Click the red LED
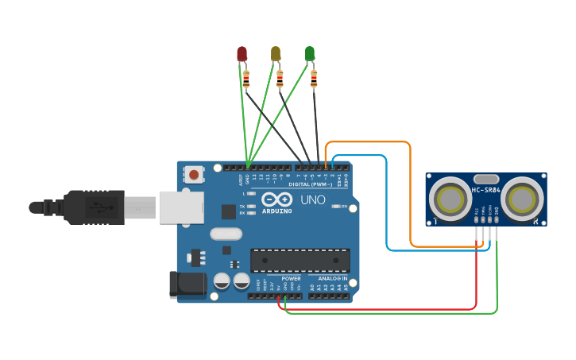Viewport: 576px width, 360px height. (242, 54)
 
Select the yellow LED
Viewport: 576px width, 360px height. (276, 53)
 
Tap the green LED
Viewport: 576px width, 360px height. (310, 53)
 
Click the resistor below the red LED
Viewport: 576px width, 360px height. (246, 79)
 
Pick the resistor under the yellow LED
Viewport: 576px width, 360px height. (280, 79)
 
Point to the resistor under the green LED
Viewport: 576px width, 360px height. (314, 79)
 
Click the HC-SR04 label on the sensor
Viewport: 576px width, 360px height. (486, 190)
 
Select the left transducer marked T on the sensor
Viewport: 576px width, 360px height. (450, 198)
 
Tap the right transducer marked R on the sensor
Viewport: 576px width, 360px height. (521, 198)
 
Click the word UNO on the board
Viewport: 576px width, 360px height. (313, 200)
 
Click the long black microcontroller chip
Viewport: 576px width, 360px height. (300, 260)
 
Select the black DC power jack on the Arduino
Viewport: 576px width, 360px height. (187, 285)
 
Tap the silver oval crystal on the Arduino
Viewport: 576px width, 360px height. (226, 234)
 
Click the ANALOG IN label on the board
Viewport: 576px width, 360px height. (333, 279)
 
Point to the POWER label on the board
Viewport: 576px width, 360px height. (291, 279)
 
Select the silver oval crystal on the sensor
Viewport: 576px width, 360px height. (485, 180)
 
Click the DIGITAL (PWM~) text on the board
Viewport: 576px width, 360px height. (311, 184)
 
